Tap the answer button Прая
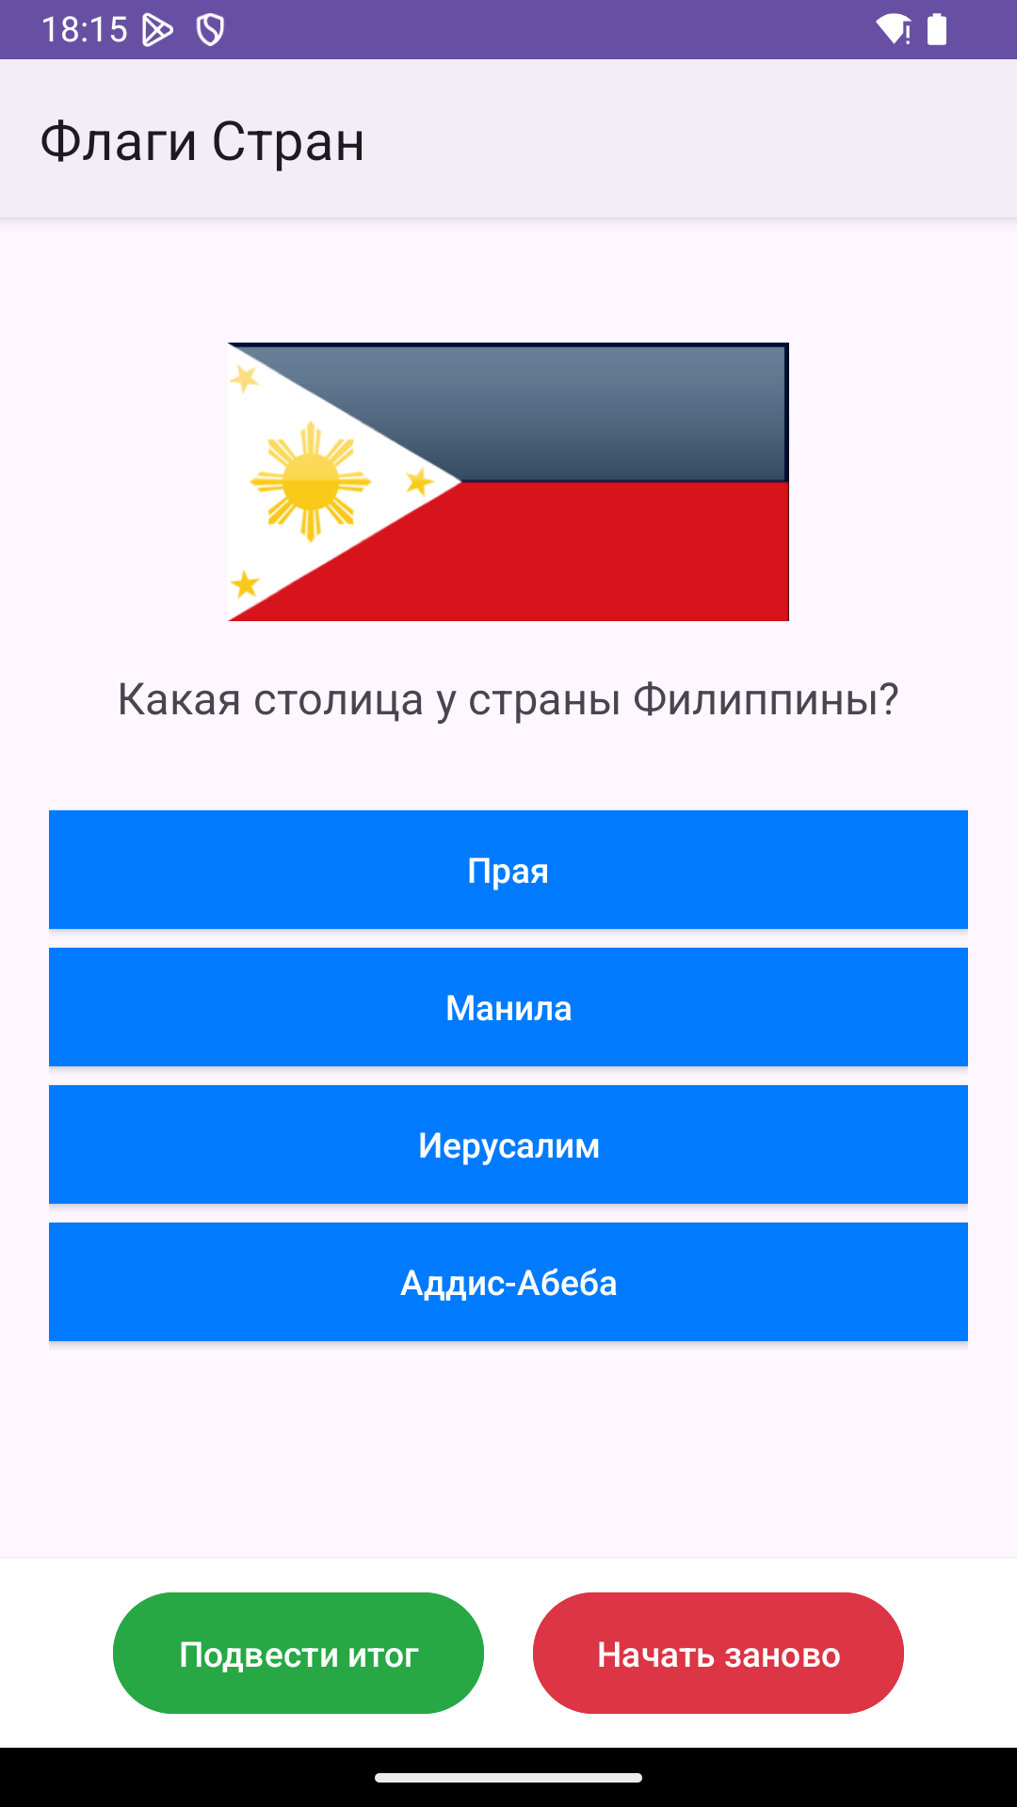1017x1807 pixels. (508, 870)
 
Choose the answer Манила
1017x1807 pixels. (508, 1007)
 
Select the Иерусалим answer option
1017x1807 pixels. (508, 1144)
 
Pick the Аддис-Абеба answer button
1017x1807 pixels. (508, 1282)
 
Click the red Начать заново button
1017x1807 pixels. (718, 1653)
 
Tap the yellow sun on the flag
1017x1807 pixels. (311, 482)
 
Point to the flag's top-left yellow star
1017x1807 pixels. (245, 378)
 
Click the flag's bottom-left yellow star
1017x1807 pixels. (245, 584)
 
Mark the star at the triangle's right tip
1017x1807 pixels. (420, 483)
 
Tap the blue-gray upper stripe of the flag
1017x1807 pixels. (621, 412)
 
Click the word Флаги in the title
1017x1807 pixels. (119, 143)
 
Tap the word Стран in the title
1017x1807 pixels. (288, 143)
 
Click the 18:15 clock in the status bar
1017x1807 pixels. (84, 30)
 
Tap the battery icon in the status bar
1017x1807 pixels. (937, 29)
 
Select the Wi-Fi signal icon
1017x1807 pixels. (893, 29)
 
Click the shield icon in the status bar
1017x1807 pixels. (210, 30)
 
